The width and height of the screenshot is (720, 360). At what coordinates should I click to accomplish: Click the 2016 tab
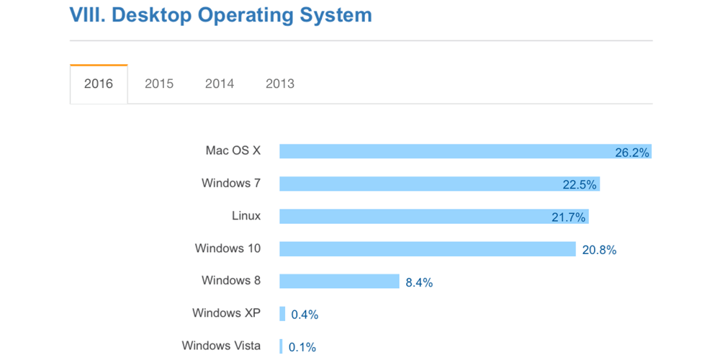click(99, 84)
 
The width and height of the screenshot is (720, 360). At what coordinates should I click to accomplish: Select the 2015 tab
click(159, 84)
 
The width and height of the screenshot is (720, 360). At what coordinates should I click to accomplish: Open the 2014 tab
click(220, 84)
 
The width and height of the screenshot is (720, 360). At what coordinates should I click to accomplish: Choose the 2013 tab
click(280, 84)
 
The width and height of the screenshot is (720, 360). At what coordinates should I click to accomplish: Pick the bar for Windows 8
click(339, 282)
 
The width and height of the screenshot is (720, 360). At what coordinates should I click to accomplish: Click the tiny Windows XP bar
click(283, 314)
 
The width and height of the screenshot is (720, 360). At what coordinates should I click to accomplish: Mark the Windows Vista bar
click(281, 346)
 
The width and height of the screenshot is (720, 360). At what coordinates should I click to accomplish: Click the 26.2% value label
click(632, 153)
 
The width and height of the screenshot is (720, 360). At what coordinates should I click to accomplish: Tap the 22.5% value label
click(580, 185)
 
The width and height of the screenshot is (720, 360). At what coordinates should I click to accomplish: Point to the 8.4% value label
click(419, 283)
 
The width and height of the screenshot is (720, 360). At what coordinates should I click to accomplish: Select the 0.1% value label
click(302, 348)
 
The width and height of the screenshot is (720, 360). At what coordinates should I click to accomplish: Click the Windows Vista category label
click(221, 346)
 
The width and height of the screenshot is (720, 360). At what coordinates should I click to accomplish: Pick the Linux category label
click(246, 216)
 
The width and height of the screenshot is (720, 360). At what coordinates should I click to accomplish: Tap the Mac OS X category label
click(233, 150)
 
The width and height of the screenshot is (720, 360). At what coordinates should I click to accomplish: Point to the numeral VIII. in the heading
click(87, 14)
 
